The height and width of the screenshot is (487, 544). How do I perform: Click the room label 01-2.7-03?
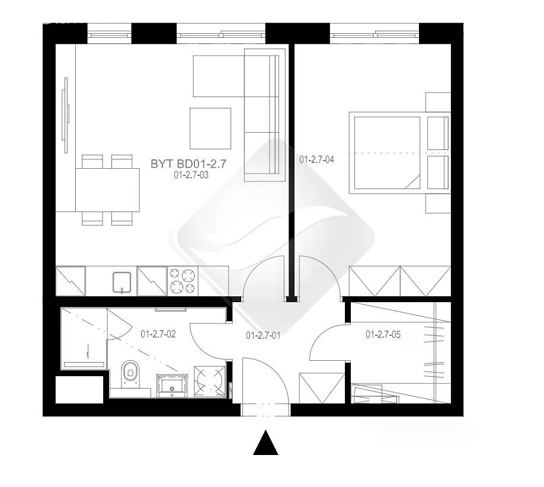191,175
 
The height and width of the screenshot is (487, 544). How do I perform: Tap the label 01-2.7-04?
316,160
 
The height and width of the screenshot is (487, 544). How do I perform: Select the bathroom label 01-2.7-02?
158,334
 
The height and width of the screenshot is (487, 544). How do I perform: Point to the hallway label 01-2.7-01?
263,335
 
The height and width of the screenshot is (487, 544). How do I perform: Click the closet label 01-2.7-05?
383,334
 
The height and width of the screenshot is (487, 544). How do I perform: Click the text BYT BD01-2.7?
188,164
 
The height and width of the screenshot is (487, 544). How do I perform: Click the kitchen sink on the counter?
121,281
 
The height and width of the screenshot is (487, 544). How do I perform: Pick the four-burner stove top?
183,281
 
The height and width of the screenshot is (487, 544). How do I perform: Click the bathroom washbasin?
172,385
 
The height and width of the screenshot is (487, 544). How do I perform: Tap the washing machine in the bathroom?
210,381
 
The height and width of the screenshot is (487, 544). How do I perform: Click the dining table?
107,190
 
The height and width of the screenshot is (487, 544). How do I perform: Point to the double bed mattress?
387,153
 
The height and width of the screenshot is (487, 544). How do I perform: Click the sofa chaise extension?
219,76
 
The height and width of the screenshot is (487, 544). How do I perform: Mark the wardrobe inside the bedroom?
399,281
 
